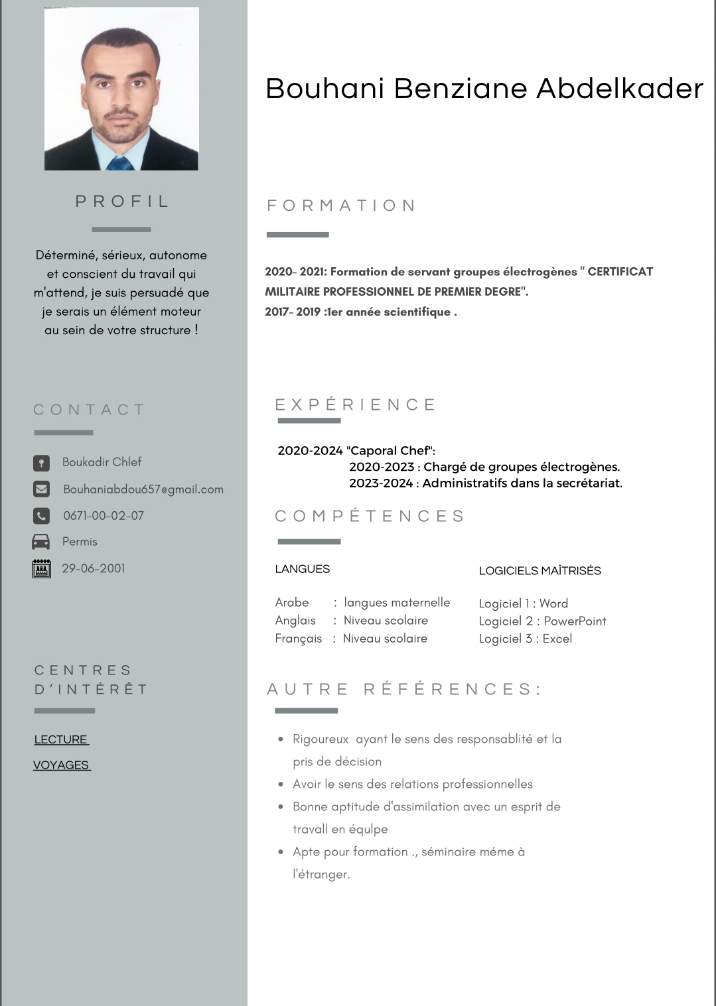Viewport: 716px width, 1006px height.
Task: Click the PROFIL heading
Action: [122, 202]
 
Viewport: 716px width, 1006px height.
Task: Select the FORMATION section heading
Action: [341, 206]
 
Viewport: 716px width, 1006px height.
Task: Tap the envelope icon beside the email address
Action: [41, 489]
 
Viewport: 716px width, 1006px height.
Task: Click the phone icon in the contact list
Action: [41, 515]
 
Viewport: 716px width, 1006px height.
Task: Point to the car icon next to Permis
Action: [41, 542]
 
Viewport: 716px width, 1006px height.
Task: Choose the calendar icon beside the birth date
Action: [41, 568]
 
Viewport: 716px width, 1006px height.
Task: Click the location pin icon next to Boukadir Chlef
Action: [41, 462]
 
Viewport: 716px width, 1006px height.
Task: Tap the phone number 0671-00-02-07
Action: [104, 516]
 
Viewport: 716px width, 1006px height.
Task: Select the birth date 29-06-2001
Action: [94, 568]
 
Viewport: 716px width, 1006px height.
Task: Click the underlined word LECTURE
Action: [61, 739]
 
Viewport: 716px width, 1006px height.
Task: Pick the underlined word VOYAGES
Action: [61, 765]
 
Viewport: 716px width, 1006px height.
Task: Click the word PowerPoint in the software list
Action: [575, 621]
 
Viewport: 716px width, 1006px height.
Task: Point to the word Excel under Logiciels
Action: [557, 639]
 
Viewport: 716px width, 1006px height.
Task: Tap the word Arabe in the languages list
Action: [292, 602]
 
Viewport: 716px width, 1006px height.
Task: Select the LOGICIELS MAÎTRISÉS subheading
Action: [540, 571]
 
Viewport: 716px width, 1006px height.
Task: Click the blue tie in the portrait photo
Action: [120, 164]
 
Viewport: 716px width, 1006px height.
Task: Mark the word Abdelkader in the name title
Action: [620, 89]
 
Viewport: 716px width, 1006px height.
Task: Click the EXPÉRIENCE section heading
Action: [356, 405]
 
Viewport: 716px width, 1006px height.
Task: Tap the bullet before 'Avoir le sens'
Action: [281, 784]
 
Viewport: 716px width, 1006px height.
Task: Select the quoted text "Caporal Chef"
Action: [390, 451]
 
